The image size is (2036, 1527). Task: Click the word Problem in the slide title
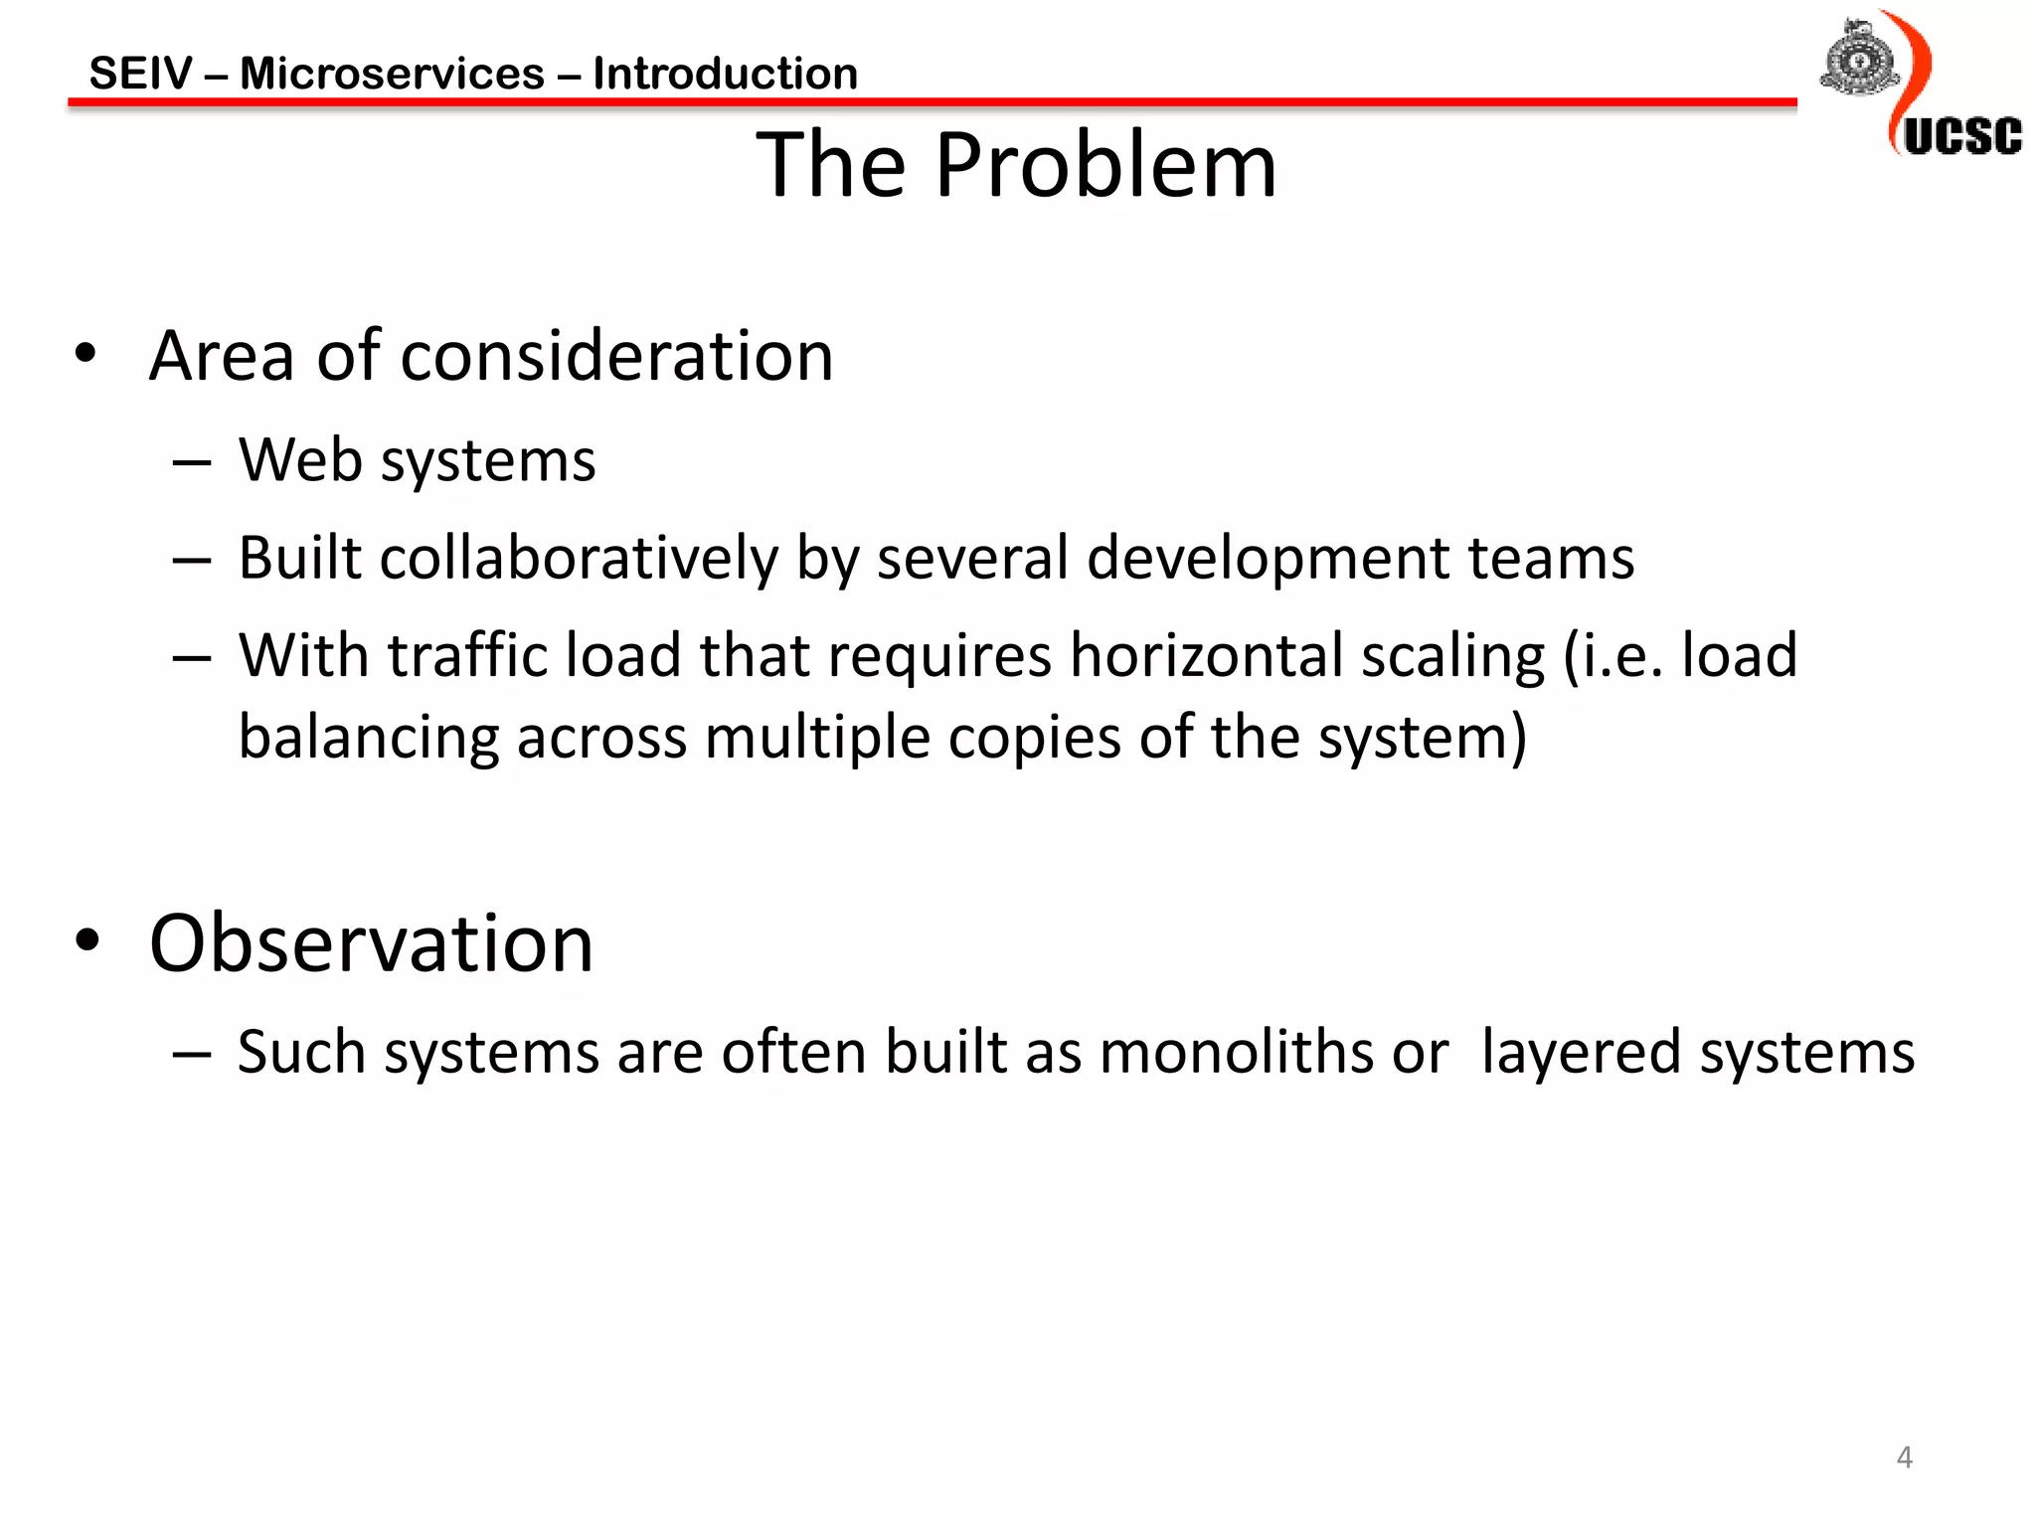pos(1104,165)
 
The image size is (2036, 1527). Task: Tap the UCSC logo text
pos(1961,136)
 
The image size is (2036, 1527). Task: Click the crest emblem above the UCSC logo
pos(1858,59)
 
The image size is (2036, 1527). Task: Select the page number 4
pos(1904,1457)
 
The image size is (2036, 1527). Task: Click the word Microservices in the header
pos(392,74)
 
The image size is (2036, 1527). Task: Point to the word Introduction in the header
pos(725,74)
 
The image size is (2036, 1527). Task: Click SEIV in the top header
pos(140,74)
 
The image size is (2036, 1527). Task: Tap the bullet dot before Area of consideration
pos(86,354)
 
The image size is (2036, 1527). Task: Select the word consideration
pos(616,356)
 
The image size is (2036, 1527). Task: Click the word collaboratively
pos(579,558)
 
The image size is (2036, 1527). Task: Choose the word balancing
pos(369,739)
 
